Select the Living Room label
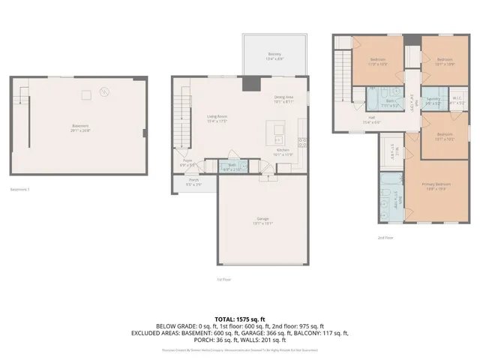(x=217, y=118)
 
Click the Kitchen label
(x=283, y=152)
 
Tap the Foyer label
(x=186, y=162)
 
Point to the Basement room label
(x=80, y=127)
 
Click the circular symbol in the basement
(x=104, y=93)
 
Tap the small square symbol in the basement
(x=86, y=93)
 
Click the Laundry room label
(x=433, y=100)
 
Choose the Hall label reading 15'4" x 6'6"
(x=367, y=120)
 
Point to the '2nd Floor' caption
(x=385, y=238)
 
